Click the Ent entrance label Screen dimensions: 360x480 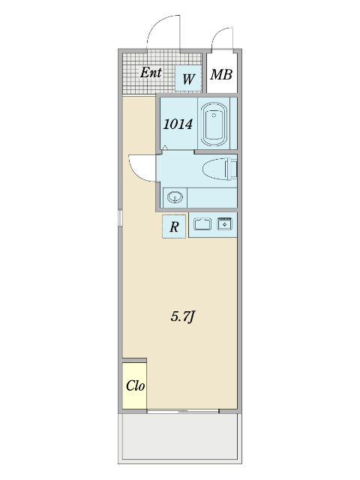[151, 73]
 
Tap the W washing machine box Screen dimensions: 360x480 [188, 78]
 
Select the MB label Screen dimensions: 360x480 [221, 74]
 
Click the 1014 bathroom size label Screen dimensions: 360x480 [178, 124]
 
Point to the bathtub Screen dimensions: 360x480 [214, 124]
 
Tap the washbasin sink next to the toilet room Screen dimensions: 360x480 [175, 197]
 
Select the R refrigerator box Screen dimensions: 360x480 [174, 226]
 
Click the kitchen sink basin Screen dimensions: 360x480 [202, 223]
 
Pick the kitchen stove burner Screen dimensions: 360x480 [225, 223]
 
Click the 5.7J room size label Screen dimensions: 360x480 [183, 316]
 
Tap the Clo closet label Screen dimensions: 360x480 [135, 385]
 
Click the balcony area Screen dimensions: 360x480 [180, 436]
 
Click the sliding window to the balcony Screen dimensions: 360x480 [183, 411]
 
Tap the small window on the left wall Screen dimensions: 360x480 [120, 217]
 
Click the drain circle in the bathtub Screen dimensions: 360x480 [214, 115]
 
